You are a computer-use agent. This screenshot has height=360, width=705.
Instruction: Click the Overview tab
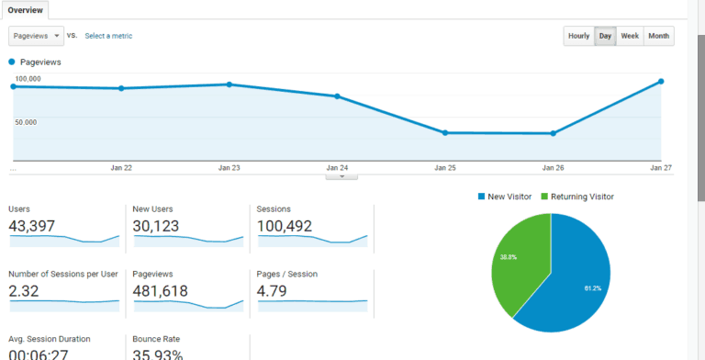(26, 10)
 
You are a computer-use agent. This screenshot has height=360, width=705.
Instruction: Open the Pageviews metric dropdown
(36, 36)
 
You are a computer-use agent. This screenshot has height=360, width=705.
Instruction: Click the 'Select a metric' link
(108, 36)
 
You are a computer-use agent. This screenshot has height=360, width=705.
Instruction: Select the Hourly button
(578, 36)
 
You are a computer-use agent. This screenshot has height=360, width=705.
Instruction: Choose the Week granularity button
(630, 36)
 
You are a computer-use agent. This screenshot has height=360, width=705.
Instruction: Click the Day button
(605, 36)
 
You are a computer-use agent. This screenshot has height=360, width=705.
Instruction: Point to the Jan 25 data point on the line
(445, 132)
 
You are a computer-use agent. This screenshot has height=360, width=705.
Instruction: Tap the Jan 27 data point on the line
(661, 82)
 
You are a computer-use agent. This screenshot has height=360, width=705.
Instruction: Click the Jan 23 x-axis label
(229, 168)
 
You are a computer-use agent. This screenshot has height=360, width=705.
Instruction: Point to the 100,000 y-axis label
(28, 79)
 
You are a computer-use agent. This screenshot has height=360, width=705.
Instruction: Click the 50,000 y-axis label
(27, 121)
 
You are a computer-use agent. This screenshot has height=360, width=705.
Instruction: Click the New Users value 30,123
(156, 226)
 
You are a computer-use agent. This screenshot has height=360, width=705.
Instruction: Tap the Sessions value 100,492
(285, 226)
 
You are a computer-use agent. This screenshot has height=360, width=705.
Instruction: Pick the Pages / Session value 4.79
(273, 291)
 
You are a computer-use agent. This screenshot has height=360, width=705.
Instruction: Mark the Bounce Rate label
(154, 339)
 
